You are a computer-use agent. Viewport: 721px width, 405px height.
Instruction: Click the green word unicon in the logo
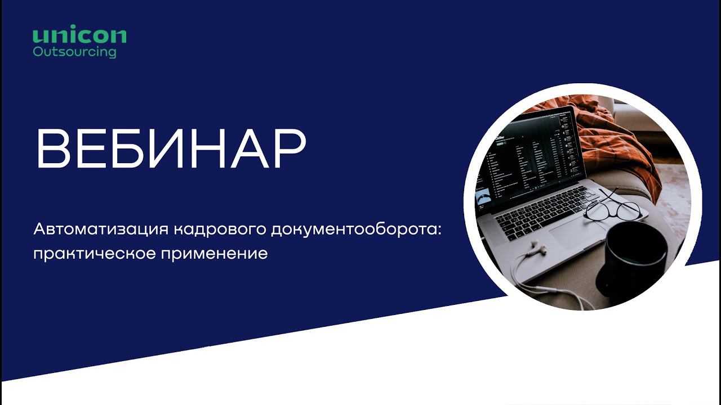(x=79, y=35)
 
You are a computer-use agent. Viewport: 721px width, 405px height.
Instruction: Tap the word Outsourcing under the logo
(x=74, y=52)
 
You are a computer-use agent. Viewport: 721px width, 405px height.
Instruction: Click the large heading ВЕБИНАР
(x=171, y=150)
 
